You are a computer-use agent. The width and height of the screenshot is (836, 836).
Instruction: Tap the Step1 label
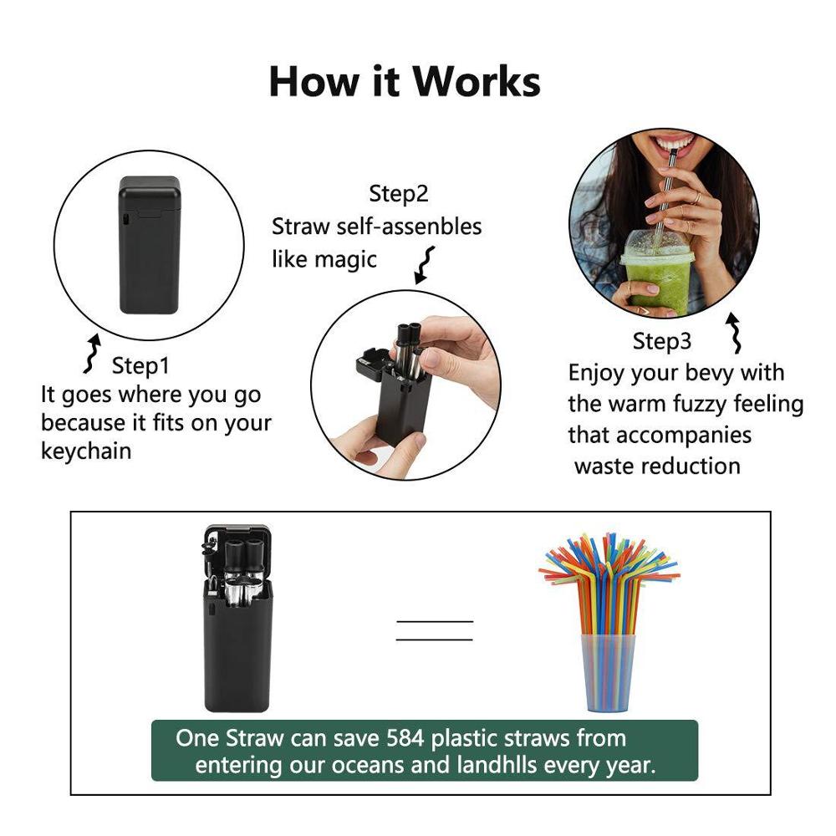(140, 365)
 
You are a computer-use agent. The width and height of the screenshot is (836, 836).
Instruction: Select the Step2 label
(399, 194)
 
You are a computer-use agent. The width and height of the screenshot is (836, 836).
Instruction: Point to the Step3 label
(662, 341)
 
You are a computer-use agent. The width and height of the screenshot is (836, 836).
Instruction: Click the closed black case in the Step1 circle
(150, 244)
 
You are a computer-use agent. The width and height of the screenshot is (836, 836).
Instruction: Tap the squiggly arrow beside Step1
(93, 354)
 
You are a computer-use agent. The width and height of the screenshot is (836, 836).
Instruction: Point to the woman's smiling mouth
(675, 147)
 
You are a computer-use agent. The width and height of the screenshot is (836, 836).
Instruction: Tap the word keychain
(86, 451)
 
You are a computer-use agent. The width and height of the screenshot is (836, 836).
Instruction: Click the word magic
(345, 259)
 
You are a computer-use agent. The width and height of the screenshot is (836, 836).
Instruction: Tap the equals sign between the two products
(434, 631)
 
